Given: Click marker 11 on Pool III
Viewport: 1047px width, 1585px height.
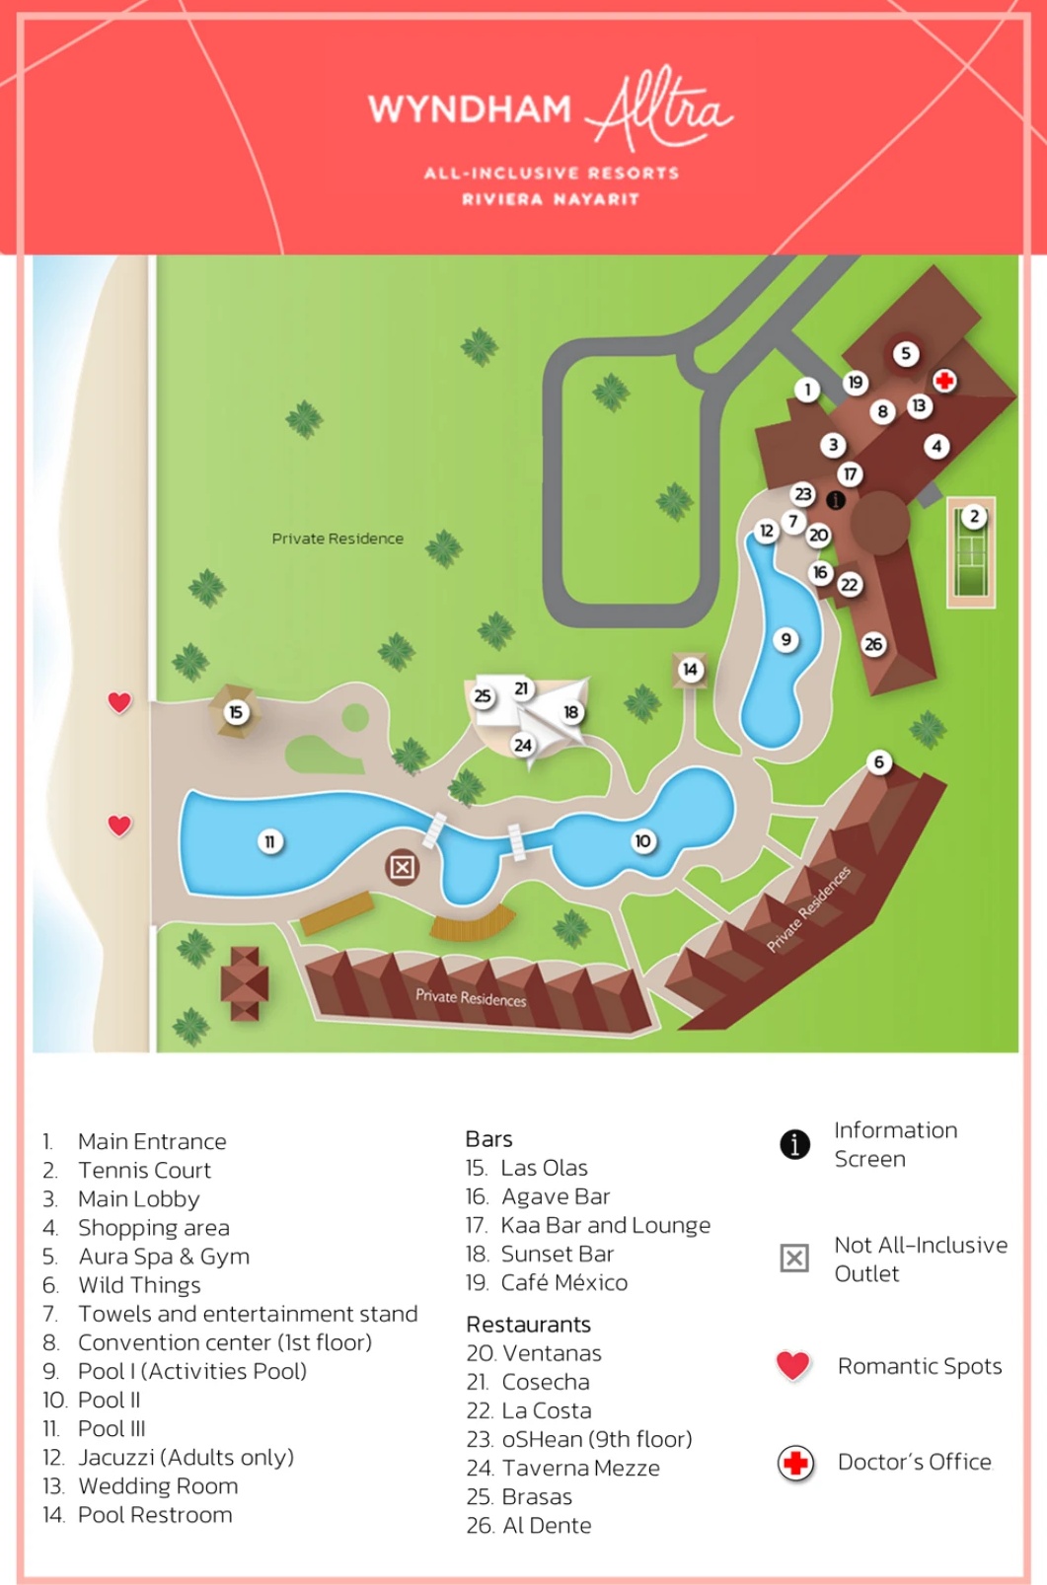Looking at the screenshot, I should [x=269, y=841].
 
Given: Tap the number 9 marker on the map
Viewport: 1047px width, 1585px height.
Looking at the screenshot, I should [x=785, y=639].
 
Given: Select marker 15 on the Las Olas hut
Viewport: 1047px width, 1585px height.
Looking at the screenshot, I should [x=235, y=711].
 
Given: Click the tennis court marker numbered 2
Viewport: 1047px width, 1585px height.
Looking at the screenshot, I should [x=974, y=516].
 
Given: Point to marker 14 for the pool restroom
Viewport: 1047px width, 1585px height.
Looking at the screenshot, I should [x=690, y=669].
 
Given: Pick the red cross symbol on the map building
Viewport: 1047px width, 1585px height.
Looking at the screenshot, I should [x=944, y=381].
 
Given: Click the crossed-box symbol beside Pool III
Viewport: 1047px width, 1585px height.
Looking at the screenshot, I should [x=402, y=867].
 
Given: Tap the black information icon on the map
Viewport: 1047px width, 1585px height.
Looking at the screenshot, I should [x=836, y=500].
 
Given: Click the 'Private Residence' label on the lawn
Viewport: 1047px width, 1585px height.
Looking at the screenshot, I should [x=337, y=539].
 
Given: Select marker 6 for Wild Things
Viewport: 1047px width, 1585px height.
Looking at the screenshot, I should [x=878, y=761].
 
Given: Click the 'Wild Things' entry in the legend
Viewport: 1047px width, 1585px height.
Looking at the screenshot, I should [x=139, y=1284].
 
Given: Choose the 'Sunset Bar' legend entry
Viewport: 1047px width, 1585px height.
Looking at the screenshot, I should [x=557, y=1254].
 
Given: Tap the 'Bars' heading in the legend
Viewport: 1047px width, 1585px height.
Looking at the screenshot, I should [x=488, y=1139].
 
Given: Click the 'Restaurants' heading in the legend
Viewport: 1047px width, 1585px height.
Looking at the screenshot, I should [x=528, y=1324].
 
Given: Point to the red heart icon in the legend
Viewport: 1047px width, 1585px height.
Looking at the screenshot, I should [x=793, y=1365].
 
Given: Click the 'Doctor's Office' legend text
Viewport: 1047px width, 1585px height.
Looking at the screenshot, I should [x=914, y=1462].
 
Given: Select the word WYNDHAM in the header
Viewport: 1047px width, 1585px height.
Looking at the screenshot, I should [x=470, y=108].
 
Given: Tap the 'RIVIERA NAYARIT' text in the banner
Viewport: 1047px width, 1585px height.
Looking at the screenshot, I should [x=551, y=199].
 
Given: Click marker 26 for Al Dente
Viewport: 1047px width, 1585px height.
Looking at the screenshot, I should [x=873, y=644].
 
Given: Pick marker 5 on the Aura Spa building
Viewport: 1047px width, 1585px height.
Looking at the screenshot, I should [x=906, y=353].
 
